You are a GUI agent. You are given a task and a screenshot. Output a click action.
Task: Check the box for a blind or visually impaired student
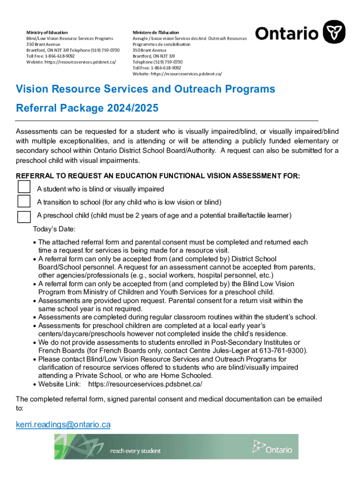(x=24, y=187)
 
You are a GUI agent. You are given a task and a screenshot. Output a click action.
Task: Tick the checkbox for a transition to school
(x=24, y=201)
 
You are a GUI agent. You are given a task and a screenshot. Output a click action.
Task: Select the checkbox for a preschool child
(x=24, y=216)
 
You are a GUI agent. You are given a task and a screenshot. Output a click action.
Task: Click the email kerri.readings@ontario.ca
(x=63, y=425)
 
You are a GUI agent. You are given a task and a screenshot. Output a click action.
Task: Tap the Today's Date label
(x=54, y=229)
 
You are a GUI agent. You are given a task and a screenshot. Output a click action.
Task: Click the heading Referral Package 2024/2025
(x=87, y=109)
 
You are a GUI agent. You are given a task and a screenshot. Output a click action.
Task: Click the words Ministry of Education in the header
(x=47, y=32)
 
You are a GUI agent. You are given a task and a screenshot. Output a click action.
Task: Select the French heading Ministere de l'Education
(x=156, y=32)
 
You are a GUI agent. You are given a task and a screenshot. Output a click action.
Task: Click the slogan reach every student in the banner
(x=135, y=451)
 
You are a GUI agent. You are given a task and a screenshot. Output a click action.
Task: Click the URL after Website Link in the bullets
(x=145, y=384)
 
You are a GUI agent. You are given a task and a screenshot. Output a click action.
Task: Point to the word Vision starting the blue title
(x=32, y=89)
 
